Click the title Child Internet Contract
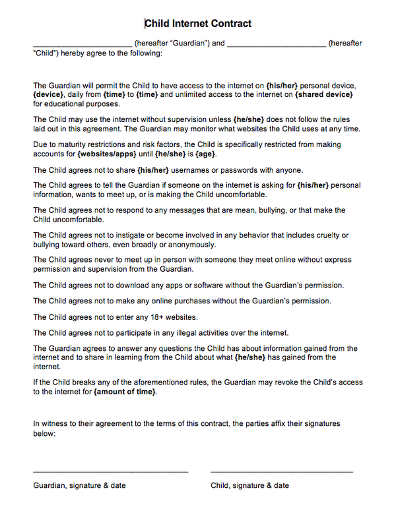pos(198,24)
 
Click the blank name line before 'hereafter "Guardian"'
pos(82,45)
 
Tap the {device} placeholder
pos(48,95)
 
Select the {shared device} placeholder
pos(324,95)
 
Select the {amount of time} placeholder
pos(125,392)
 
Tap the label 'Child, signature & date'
pos(249,486)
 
